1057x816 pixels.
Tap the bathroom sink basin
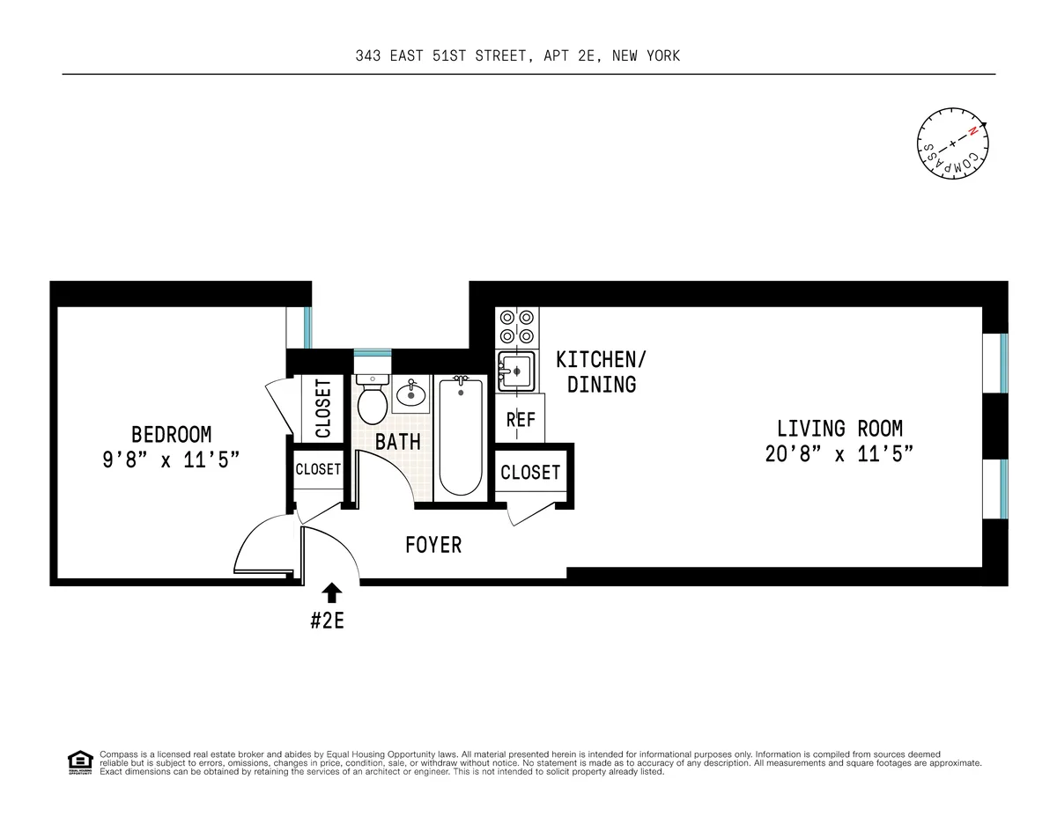click(x=410, y=394)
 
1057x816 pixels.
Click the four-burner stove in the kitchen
click(x=516, y=327)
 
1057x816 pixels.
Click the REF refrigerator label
click(x=521, y=420)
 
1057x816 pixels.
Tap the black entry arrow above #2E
click(x=332, y=592)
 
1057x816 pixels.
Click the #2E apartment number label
click(x=327, y=620)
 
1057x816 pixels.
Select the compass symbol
click(x=952, y=143)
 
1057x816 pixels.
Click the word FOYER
click(x=433, y=545)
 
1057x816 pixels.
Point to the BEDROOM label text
click(x=172, y=434)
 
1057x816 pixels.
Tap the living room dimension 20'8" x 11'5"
click(x=839, y=454)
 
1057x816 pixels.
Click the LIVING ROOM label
click(x=839, y=429)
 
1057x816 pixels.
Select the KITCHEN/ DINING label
click(x=602, y=371)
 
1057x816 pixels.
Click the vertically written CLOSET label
click(x=323, y=408)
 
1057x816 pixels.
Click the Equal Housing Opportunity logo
click(x=80, y=761)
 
